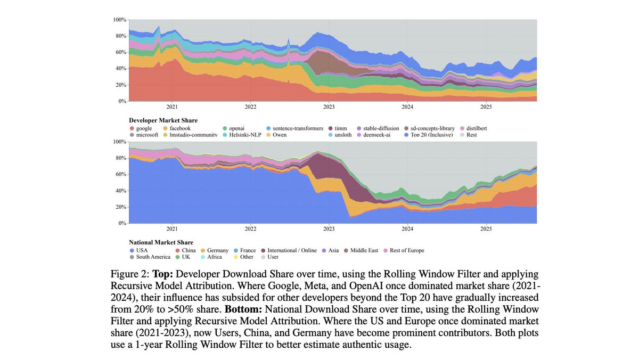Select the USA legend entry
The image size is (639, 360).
click(142, 250)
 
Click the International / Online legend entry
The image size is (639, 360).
click(291, 250)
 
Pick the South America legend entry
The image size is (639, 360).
click(152, 257)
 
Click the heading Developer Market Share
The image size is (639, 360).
click(163, 121)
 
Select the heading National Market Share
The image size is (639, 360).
click(161, 242)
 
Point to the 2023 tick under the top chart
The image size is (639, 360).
click(329, 107)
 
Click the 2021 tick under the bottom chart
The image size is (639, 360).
click(171, 228)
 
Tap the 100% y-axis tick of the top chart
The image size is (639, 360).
click(119, 20)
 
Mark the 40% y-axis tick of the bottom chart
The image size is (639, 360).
click(120, 191)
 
